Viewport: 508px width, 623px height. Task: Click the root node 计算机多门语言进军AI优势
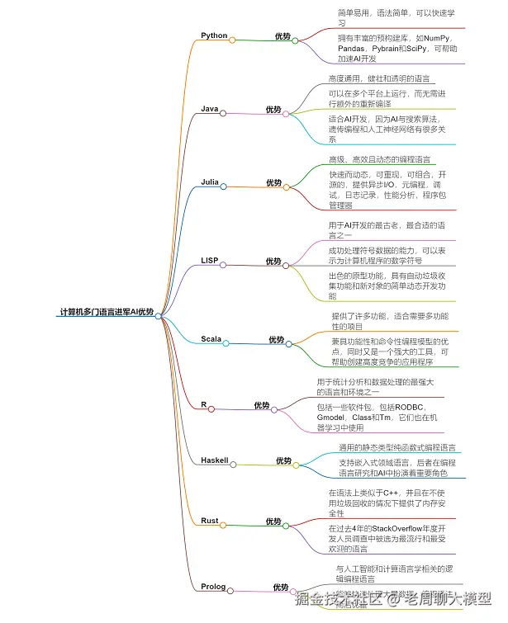(x=107, y=312)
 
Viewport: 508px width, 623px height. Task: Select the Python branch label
(x=214, y=35)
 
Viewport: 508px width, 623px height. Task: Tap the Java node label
(x=209, y=109)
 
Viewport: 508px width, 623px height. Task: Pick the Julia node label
(x=210, y=182)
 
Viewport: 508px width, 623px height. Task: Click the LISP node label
(x=210, y=261)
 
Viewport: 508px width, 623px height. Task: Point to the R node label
(x=203, y=405)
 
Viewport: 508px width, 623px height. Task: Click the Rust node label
(x=209, y=521)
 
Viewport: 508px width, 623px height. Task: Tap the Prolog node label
(x=212, y=587)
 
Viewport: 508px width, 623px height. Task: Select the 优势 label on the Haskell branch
(x=283, y=460)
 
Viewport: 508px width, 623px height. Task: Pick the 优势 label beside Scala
(x=276, y=339)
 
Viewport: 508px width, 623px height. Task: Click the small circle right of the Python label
(x=232, y=40)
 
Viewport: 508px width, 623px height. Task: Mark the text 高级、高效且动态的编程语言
(x=379, y=159)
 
